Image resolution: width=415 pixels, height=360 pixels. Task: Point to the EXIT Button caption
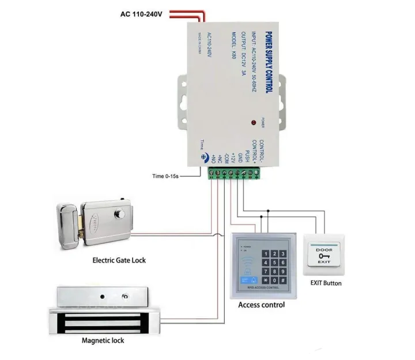pyautogui.click(x=326, y=283)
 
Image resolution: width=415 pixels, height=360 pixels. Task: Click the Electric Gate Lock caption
pyautogui.click(x=119, y=260)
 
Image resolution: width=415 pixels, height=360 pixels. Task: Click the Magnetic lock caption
pyautogui.click(x=103, y=340)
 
